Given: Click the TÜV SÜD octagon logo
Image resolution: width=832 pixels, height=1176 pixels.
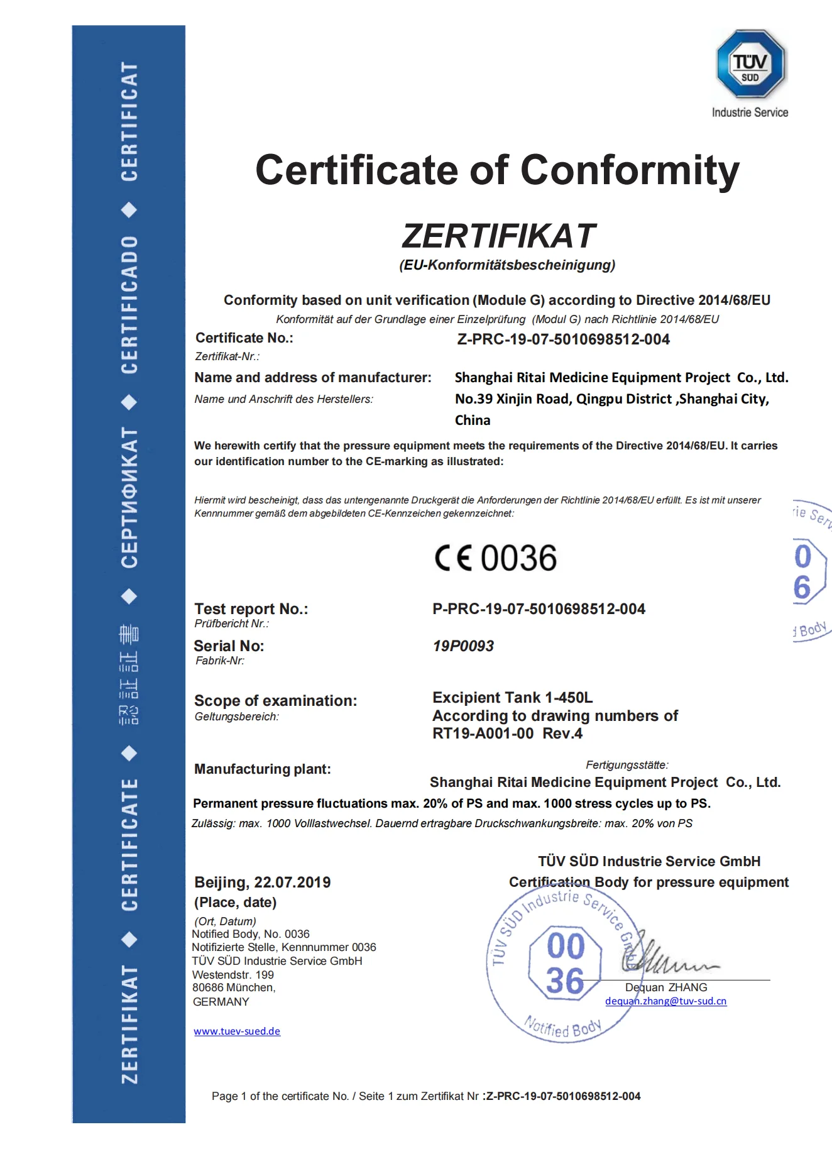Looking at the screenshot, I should (x=750, y=64).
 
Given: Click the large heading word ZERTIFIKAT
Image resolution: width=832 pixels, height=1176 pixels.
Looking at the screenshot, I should (x=498, y=236).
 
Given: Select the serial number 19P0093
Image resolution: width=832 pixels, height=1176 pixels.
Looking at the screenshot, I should (x=463, y=646).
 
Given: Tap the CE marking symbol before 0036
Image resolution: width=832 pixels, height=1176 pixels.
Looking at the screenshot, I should (x=453, y=558).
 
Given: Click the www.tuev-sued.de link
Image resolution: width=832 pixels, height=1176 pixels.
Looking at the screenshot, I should (x=237, y=1031).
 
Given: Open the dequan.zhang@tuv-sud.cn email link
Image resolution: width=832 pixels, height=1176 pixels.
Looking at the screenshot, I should (x=665, y=1001).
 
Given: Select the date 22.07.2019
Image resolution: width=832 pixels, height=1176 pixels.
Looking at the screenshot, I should (x=292, y=882).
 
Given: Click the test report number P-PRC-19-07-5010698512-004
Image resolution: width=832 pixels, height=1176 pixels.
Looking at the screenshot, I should (x=539, y=609).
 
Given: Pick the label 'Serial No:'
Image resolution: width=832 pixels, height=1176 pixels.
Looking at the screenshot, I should (x=229, y=646).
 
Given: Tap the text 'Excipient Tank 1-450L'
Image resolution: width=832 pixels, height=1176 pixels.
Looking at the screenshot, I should (x=512, y=698).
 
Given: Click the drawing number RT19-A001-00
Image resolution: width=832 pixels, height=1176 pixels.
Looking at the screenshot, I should (x=483, y=734).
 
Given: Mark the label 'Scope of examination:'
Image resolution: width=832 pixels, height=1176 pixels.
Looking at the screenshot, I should (x=275, y=701).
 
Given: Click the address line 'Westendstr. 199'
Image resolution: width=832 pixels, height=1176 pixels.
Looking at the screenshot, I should (x=233, y=975).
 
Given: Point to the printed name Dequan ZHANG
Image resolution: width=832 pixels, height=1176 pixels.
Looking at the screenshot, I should (x=666, y=987).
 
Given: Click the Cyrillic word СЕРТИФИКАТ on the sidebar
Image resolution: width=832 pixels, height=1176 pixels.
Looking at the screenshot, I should (x=129, y=497).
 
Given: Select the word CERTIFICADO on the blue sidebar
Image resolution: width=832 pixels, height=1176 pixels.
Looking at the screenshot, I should (x=129, y=305).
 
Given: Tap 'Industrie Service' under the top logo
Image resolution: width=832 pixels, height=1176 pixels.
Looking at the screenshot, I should (x=750, y=113).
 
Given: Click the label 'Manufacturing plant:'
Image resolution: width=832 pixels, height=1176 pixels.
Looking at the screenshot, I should (x=262, y=769).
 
